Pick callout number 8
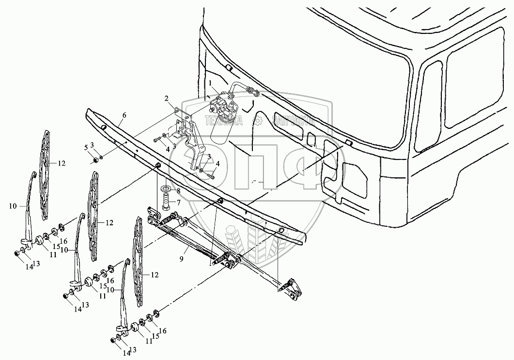tap(178, 190)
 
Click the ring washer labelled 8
tap(165, 188)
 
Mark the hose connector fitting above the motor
tap(252, 90)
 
